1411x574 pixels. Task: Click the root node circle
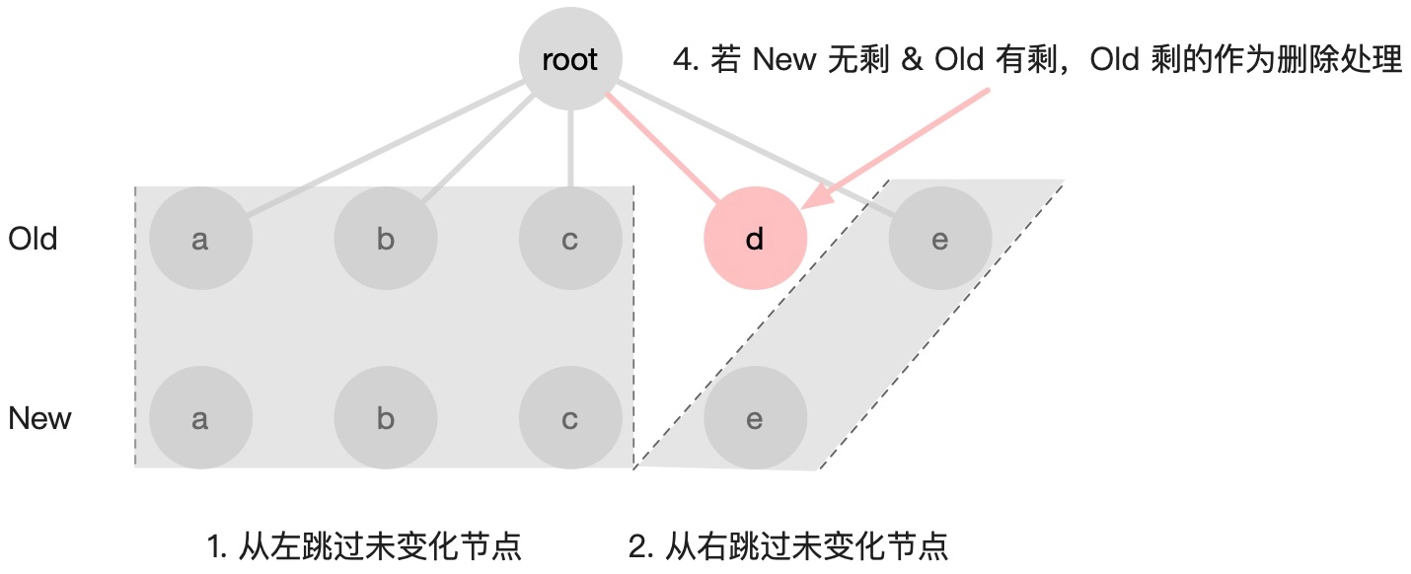click(x=570, y=60)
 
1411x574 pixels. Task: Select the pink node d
click(x=755, y=240)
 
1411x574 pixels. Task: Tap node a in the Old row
click(x=200, y=240)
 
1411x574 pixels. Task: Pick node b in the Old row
click(x=385, y=240)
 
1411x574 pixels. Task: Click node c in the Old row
click(x=570, y=240)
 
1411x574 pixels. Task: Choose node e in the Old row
click(x=939, y=240)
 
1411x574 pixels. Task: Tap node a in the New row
click(x=200, y=419)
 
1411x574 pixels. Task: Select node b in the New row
click(x=385, y=419)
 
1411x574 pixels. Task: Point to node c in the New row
click(x=570, y=419)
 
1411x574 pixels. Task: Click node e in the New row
click(x=755, y=419)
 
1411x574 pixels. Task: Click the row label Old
click(x=33, y=240)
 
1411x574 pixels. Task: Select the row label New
click(x=40, y=419)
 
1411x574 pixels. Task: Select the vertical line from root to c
click(x=570, y=148)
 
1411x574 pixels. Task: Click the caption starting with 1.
click(x=364, y=546)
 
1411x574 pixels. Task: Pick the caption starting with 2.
click(x=787, y=546)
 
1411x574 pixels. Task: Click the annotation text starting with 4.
click(x=1036, y=61)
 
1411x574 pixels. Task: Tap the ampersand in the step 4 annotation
click(x=912, y=61)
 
